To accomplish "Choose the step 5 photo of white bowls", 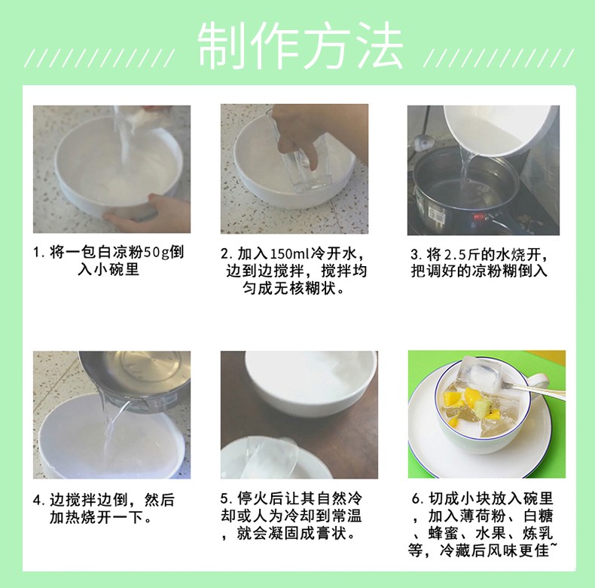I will (298, 414).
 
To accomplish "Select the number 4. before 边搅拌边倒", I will (38, 500).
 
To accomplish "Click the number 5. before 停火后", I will (225, 500).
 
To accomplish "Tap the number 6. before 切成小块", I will (416, 500).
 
